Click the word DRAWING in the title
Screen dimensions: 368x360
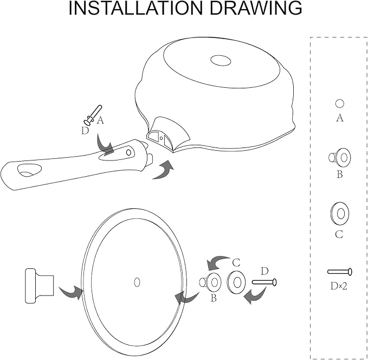pos(256,8)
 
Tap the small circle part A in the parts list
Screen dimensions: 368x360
pos(340,104)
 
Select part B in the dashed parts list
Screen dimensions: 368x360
pos(340,157)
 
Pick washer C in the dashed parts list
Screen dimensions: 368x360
pos(340,214)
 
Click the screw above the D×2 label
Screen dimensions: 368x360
pos(340,272)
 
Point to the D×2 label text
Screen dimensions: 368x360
pos(339,286)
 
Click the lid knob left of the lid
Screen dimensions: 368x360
pos(40,286)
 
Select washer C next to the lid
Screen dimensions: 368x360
pos(236,282)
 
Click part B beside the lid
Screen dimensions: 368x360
pos(210,282)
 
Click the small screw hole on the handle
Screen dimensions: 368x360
pos(128,152)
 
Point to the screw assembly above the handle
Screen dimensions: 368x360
pos(93,115)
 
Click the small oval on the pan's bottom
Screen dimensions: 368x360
pos(221,60)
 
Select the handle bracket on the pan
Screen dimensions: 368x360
pos(168,134)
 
